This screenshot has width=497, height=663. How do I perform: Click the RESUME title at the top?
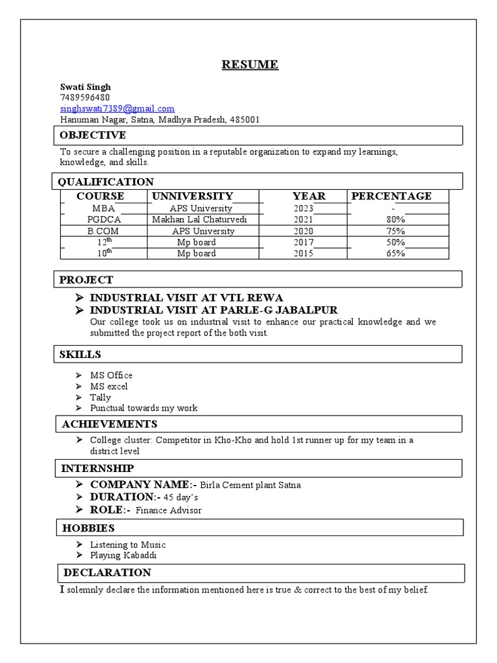click(250, 64)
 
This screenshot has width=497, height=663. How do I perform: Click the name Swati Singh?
click(85, 87)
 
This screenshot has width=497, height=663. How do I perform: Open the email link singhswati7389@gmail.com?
click(117, 109)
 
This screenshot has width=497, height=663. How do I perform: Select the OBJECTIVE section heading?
click(93, 135)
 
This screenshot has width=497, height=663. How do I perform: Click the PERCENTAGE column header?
click(391, 196)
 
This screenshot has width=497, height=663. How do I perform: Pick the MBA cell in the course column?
click(104, 208)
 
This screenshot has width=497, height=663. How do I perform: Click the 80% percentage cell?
click(396, 220)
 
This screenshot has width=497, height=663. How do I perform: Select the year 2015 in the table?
click(303, 254)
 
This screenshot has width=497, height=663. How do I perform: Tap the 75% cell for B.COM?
click(396, 231)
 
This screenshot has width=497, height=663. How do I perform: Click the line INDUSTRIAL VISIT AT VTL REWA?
click(186, 298)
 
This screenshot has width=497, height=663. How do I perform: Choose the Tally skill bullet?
click(100, 398)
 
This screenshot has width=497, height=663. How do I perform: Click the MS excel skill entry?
click(109, 387)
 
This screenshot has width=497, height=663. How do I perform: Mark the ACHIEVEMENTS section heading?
click(109, 424)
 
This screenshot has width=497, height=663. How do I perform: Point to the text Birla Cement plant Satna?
click(250, 485)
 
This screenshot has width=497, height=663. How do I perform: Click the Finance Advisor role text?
click(168, 510)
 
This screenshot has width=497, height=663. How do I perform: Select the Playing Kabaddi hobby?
click(124, 556)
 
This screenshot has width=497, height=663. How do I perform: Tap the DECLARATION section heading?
click(107, 573)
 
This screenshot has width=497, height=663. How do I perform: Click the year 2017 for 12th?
click(303, 243)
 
